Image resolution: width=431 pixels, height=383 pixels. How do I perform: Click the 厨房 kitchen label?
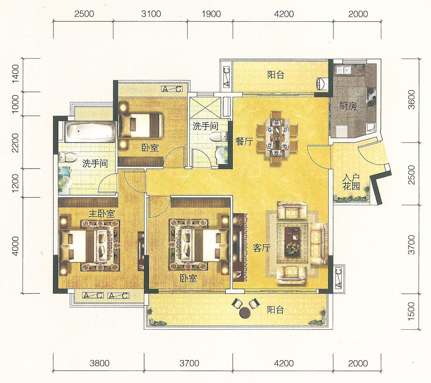(348, 106)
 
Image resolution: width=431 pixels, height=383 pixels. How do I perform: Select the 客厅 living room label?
(262, 248)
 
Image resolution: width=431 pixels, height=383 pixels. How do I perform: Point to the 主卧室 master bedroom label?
(102, 214)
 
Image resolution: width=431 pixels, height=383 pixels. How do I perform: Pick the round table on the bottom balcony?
(245, 312)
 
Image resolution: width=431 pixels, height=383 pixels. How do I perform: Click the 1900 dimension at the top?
(212, 14)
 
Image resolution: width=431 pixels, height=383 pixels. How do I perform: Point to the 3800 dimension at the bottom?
(100, 363)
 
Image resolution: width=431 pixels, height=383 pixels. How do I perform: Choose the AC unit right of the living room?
(339, 278)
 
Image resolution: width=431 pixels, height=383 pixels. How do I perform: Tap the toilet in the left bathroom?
(67, 157)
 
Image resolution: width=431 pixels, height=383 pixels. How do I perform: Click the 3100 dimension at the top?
(151, 14)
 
